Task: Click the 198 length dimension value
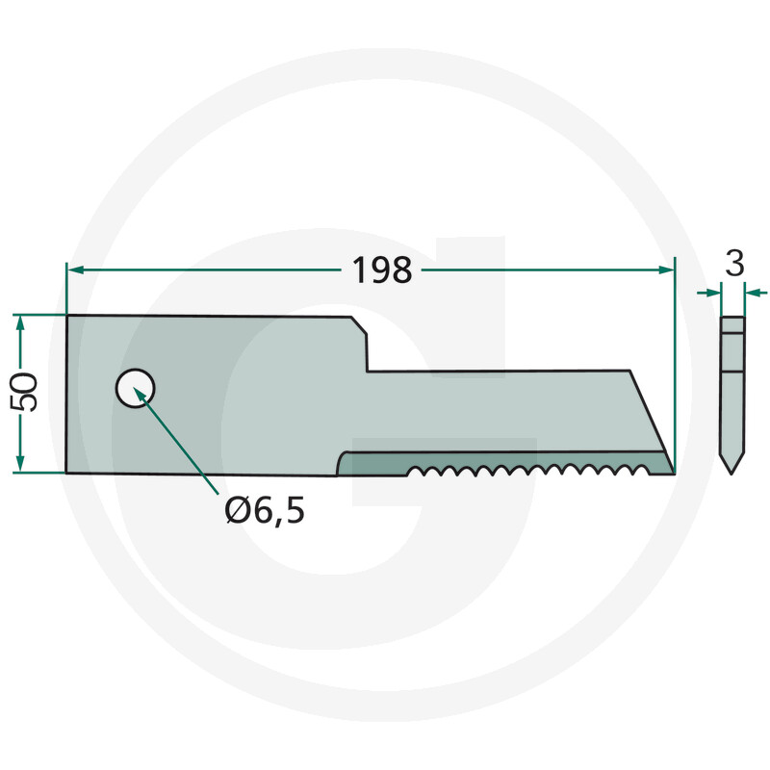point(382,270)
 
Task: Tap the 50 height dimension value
point(23,393)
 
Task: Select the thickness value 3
point(734,263)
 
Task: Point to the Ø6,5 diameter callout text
point(265,511)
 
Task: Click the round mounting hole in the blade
point(135,389)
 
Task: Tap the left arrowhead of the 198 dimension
point(75,269)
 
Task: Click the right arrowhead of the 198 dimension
point(666,269)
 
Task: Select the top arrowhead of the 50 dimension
point(19,322)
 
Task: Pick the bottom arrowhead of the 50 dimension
point(19,464)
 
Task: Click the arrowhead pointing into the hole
point(141,396)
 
